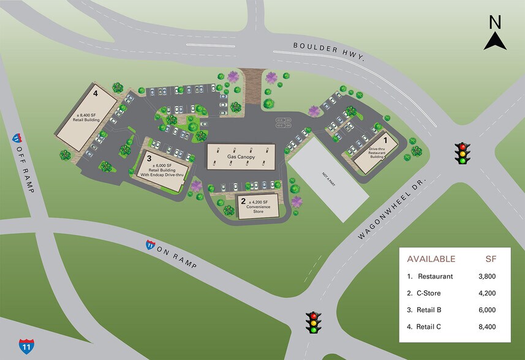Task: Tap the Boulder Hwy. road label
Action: (328, 51)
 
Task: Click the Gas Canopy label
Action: (240, 157)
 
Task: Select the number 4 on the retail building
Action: (96, 94)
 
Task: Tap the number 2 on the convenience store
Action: (243, 201)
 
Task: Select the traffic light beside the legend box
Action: (314, 322)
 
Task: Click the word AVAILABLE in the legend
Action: (431, 258)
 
